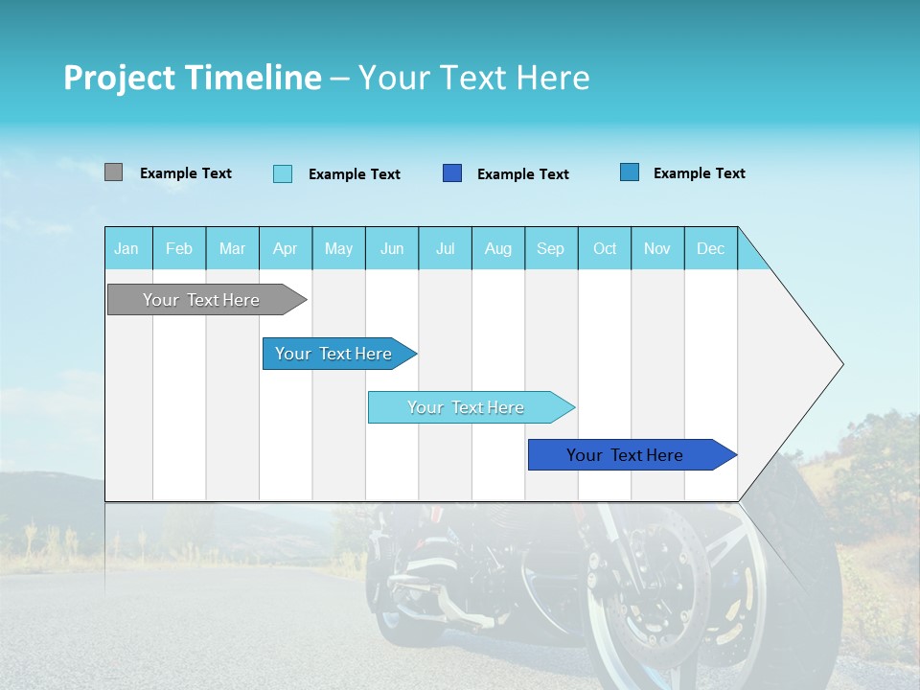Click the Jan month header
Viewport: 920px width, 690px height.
coord(126,249)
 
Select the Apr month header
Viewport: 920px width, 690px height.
coord(285,249)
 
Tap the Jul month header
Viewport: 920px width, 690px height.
coord(445,249)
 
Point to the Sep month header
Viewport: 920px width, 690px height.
coord(550,249)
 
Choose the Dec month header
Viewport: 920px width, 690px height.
coord(710,249)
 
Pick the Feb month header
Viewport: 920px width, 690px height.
coord(179,249)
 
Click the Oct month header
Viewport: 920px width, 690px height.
coord(605,249)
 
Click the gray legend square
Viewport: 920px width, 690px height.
coord(113,172)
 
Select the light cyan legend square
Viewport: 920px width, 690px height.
coord(283,173)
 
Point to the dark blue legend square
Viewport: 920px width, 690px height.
coord(452,173)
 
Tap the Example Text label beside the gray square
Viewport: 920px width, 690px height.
coord(186,173)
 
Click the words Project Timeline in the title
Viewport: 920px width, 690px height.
coord(192,78)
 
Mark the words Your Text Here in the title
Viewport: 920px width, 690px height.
coord(474,78)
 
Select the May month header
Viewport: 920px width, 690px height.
coord(338,249)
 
